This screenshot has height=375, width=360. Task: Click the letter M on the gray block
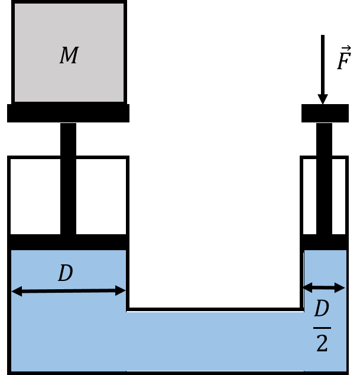coord(69,56)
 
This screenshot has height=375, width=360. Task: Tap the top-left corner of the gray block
coord(15,4)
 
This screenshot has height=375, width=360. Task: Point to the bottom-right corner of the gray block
coord(123,101)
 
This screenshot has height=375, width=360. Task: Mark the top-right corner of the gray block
coord(123,4)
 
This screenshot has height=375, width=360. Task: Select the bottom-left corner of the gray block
coord(15,101)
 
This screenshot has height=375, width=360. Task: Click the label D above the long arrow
coord(65,273)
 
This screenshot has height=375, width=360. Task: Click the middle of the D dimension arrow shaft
coord(69,290)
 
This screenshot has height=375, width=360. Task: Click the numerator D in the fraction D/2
coord(321,309)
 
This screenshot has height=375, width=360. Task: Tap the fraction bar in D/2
coord(322,327)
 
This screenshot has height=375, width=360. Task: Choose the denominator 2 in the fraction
coord(322,344)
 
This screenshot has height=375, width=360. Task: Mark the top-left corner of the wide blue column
coord(12,251)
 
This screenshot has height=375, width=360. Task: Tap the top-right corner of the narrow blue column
coord(346,251)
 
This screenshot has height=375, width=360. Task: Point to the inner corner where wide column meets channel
coord(126,312)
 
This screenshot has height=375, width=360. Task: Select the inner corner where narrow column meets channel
coord(304,312)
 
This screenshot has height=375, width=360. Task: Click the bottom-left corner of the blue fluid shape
coord(12,371)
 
